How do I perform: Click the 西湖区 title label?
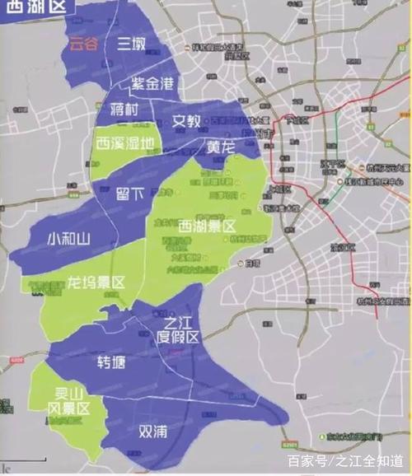pyautogui.click(x=34, y=12)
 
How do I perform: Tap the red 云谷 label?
pyautogui.click(x=84, y=44)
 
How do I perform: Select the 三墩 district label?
pyautogui.click(x=133, y=43)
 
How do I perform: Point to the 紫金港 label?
pyautogui.click(x=152, y=84)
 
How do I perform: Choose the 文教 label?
pyautogui.click(x=186, y=121)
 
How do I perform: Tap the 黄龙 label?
pyautogui.click(x=221, y=147)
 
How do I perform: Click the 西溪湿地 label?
pyautogui.click(x=124, y=143)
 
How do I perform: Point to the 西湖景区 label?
pyautogui.click(x=203, y=224)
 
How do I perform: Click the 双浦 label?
pyautogui.click(x=155, y=430)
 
